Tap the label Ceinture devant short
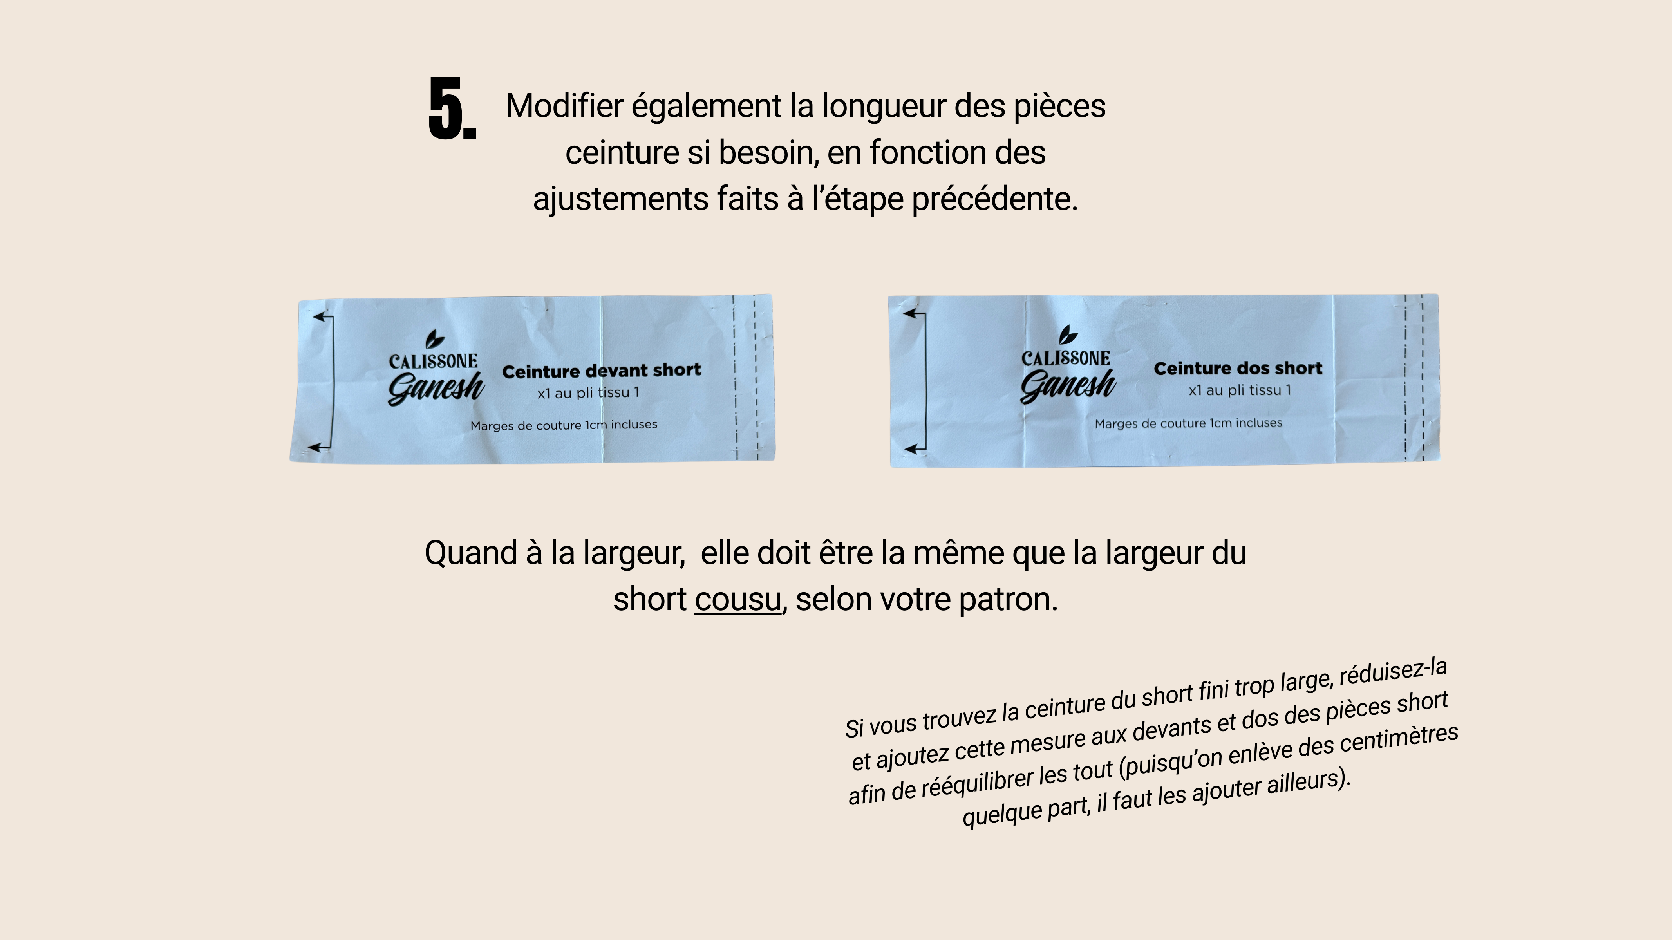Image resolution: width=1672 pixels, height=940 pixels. click(x=602, y=371)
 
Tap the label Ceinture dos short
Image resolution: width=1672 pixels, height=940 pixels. click(x=1238, y=368)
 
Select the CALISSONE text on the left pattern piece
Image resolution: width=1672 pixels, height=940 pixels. click(x=433, y=362)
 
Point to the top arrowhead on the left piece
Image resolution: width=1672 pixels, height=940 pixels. click(x=319, y=317)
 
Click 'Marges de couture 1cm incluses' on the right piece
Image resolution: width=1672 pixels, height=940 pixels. click(x=1188, y=423)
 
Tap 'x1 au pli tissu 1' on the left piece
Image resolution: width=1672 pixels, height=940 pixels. click(x=588, y=393)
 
